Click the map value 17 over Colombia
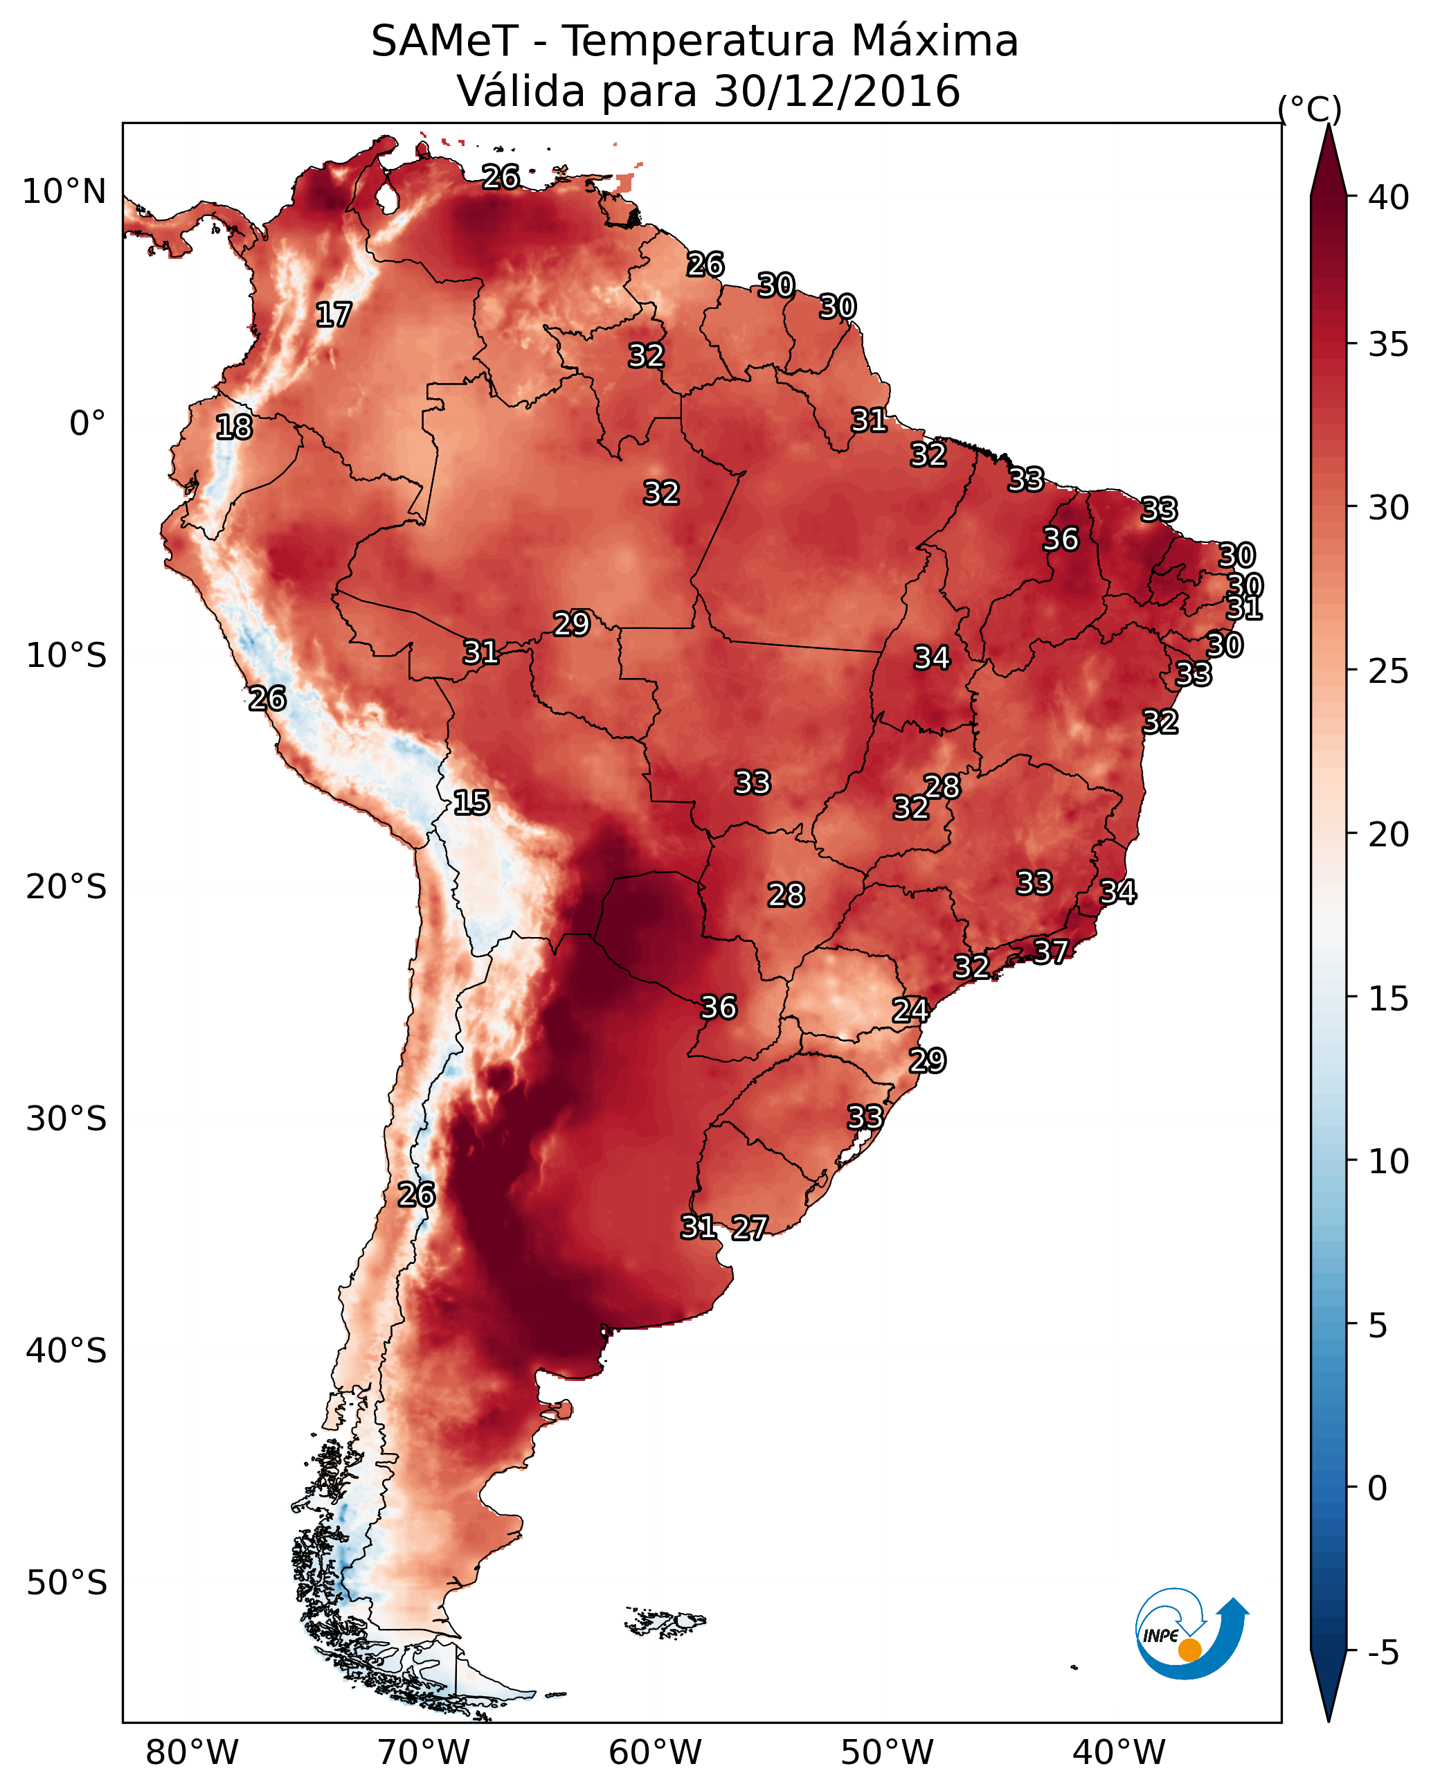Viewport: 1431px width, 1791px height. pos(334,315)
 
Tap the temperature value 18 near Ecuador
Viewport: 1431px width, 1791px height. pos(234,427)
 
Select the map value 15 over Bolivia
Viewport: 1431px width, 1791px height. pos(471,803)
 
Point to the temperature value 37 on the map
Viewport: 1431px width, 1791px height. pos(1051,951)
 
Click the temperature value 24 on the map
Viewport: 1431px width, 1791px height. pos(910,1010)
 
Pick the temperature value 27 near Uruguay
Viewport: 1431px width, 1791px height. pos(749,1228)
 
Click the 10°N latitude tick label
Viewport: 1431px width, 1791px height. pos(64,192)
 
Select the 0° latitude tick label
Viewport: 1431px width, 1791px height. pos(87,424)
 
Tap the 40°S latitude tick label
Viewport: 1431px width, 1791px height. pos(66,1351)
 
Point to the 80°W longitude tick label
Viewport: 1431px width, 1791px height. pos(192,1752)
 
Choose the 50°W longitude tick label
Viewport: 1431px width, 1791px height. pos(887,1752)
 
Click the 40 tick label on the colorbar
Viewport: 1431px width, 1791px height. pos(1389,197)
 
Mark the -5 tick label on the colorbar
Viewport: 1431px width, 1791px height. pos(1383,1653)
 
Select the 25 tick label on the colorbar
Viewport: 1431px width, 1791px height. pos(1389,670)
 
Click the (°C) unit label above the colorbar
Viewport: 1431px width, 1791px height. pos(1310,109)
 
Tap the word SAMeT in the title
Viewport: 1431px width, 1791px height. pos(444,42)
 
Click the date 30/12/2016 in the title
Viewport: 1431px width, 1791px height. pos(837,91)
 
